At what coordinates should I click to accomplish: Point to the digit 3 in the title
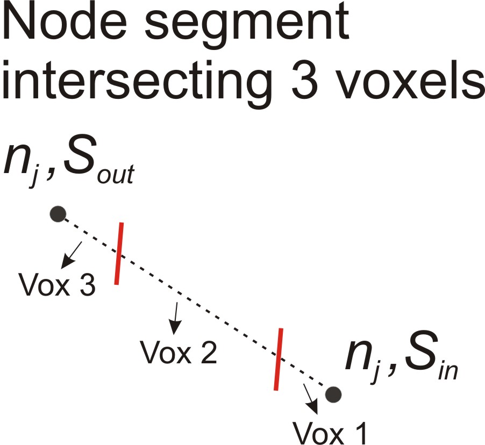(x=304, y=80)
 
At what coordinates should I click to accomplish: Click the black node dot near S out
(x=58, y=214)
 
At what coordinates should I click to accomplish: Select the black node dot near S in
(x=333, y=394)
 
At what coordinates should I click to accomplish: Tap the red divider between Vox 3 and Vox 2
(x=119, y=253)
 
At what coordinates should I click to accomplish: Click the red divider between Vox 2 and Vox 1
(x=279, y=360)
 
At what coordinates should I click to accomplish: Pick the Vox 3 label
(x=57, y=284)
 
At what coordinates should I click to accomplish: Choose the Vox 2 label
(x=179, y=352)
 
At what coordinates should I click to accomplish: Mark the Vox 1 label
(x=330, y=433)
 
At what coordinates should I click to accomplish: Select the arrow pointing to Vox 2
(x=175, y=318)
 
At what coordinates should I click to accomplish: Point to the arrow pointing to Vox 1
(x=311, y=399)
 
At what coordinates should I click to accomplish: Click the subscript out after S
(x=116, y=175)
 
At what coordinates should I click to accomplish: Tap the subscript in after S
(x=448, y=370)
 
